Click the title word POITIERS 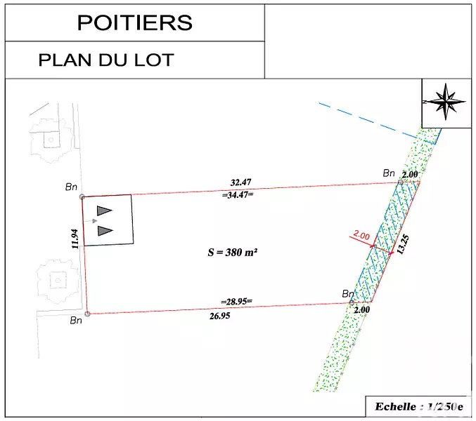(x=135, y=22)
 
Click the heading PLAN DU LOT (x=106, y=60)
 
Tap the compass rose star (x=446, y=102)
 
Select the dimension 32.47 (x=240, y=182)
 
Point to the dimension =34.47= (x=238, y=194)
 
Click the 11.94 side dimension (x=75, y=239)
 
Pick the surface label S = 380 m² (x=233, y=252)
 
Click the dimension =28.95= (x=236, y=301)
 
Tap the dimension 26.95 (x=220, y=316)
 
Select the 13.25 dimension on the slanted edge (x=403, y=245)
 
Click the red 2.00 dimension (x=361, y=235)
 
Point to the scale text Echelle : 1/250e (x=419, y=406)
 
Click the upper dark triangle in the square (x=104, y=210)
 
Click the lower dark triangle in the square (x=105, y=230)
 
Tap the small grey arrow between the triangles (x=93, y=221)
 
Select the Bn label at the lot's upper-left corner (x=71, y=187)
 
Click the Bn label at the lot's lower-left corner (x=76, y=320)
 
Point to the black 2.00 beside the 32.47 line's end (x=410, y=175)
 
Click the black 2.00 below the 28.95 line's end (x=362, y=309)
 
